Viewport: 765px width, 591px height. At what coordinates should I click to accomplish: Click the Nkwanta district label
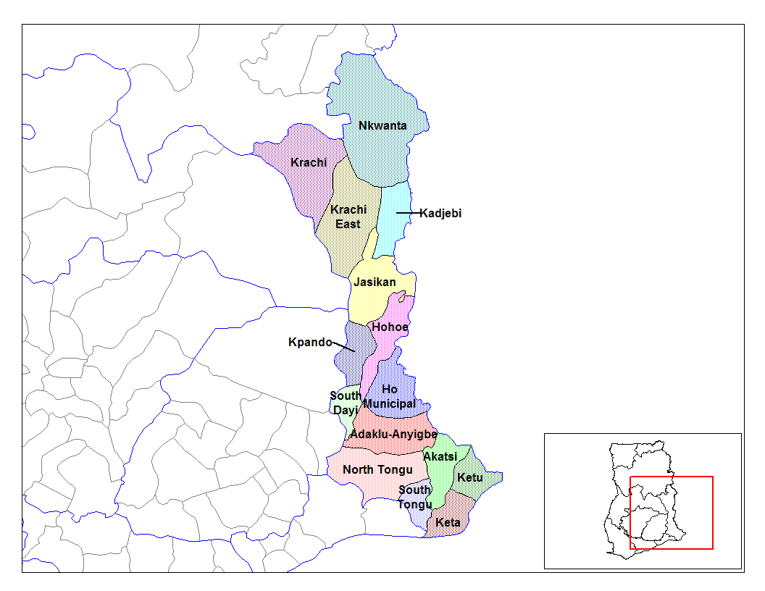coord(382,126)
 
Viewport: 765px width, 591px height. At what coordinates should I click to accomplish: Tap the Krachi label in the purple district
coord(309,162)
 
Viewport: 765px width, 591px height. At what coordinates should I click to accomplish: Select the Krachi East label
coord(348,217)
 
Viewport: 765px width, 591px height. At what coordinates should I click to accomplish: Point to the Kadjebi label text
coord(440,214)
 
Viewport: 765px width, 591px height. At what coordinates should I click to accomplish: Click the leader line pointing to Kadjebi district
coord(407,213)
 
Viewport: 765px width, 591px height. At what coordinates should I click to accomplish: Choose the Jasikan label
coord(375,282)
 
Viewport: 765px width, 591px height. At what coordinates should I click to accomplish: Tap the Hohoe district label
coord(390,327)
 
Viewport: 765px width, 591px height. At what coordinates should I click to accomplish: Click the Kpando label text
coord(310,342)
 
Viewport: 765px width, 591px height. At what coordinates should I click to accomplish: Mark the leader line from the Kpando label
coord(343,347)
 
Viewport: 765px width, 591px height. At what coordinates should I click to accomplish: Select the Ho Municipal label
coord(389,397)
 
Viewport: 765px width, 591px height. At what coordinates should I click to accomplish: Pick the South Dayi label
coord(345,403)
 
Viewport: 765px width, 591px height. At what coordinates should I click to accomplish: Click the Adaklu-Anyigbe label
coord(393,435)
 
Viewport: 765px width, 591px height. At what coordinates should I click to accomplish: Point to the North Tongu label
coord(377,470)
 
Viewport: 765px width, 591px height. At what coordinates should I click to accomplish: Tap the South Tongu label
coord(414,498)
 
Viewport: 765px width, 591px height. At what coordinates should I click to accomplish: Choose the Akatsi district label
coord(440,457)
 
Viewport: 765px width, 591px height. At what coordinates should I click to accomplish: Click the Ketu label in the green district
coord(469,478)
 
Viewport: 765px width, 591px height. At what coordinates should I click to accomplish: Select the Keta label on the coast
coord(448,523)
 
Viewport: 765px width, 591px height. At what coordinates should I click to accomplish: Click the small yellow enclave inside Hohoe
coord(400,298)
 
